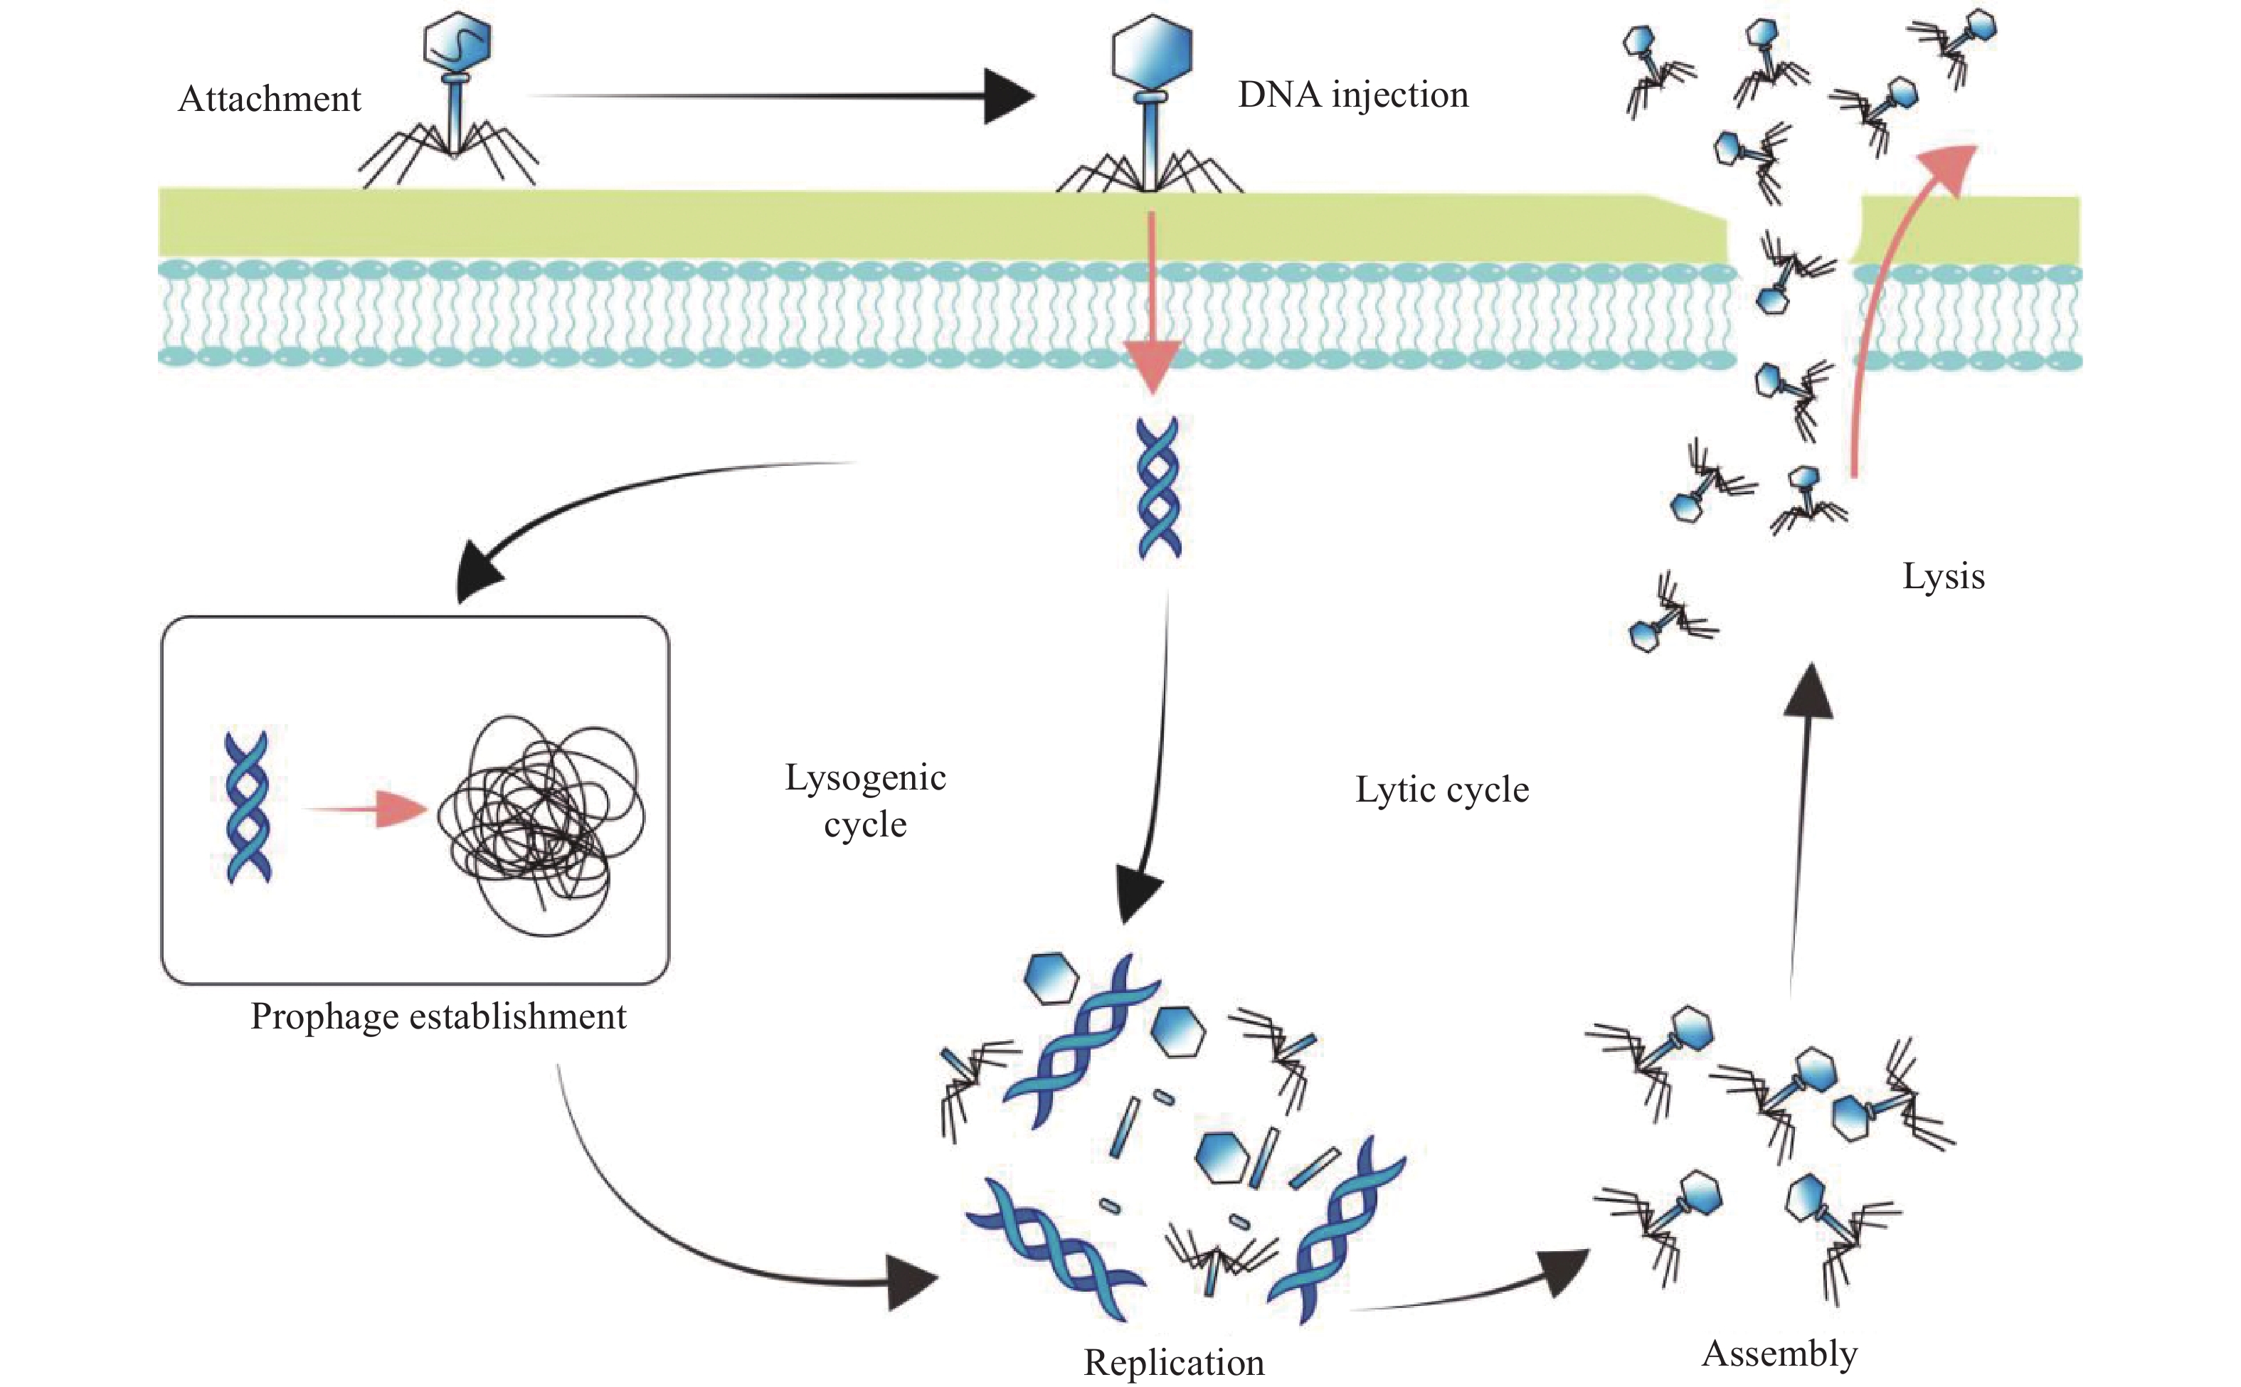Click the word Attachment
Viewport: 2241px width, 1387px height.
tap(269, 99)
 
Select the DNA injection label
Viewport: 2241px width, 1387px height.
tap(1352, 95)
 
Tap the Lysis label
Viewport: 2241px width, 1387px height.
tap(1943, 576)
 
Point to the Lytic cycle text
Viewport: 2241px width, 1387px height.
tap(1442, 790)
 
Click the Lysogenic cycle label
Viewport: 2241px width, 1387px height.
tap(865, 801)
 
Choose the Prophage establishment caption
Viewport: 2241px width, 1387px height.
tap(438, 1016)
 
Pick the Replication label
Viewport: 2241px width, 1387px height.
tap(1173, 1362)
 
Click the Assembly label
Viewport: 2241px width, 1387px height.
tap(1779, 1353)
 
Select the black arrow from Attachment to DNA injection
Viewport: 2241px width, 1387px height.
tap(780, 95)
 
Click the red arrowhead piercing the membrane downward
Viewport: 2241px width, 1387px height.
tap(1151, 367)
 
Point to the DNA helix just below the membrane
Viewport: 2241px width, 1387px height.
tap(1159, 488)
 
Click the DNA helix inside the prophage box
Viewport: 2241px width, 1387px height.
tap(248, 807)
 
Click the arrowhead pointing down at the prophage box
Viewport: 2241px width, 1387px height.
tap(479, 570)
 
